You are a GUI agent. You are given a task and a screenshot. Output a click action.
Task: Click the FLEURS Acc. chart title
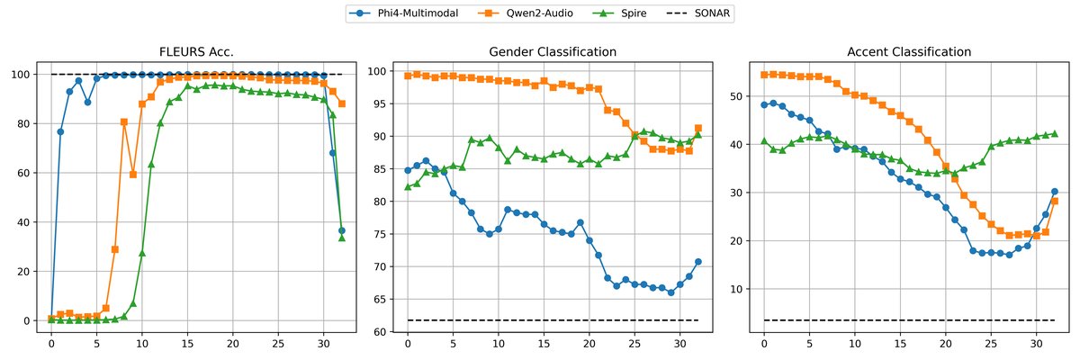196,52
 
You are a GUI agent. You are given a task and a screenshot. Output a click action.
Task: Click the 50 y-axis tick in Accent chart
737,96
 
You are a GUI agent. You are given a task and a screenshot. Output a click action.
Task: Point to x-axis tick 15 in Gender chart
544,346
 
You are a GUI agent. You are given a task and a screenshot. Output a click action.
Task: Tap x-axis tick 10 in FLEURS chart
142,346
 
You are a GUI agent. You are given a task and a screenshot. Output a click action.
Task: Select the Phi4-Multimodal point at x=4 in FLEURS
87,102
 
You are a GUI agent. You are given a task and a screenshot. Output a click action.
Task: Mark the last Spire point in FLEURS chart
342,238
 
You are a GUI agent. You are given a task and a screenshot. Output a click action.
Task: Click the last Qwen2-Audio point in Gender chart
697,128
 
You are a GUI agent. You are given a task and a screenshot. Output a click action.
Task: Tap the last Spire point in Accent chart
1054,133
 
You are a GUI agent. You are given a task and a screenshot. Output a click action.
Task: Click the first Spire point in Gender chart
408,187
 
